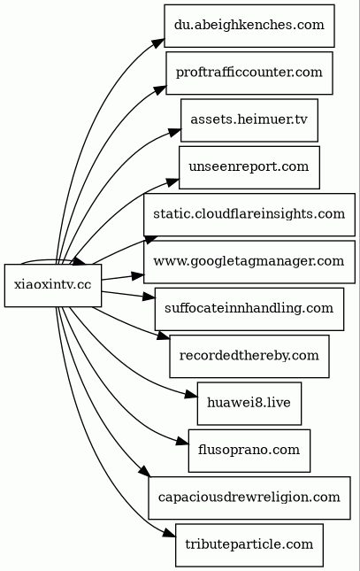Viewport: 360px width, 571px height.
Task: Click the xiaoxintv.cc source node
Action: point(53,285)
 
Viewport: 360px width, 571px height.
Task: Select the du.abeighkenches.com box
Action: point(249,26)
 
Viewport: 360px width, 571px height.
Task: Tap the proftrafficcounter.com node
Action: point(249,73)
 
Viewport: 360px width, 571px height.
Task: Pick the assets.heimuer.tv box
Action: point(249,120)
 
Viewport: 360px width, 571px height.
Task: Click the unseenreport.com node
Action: point(249,167)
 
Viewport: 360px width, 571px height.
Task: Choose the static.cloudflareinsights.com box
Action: point(249,214)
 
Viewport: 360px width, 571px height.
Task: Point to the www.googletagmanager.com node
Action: point(249,262)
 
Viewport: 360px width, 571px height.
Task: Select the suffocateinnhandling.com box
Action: point(249,309)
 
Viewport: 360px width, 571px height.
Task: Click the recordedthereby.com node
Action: point(249,356)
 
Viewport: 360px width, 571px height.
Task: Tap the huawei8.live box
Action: point(249,404)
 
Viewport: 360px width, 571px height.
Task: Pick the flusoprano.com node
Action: point(249,451)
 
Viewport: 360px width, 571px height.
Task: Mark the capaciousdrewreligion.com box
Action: point(249,498)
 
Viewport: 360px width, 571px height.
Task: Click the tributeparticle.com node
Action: point(249,545)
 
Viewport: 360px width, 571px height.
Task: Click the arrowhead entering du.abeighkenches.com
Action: point(158,41)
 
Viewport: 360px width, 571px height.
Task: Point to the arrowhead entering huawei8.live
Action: point(191,395)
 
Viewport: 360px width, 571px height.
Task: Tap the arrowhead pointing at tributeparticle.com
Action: point(169,533)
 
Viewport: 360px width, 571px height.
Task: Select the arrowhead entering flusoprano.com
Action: point(182,442)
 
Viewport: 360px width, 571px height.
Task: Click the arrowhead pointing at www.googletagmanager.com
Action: point(137,275)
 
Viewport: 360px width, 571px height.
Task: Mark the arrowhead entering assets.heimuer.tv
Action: point(175,132)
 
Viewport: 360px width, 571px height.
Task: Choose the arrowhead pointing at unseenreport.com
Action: point(172,181)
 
